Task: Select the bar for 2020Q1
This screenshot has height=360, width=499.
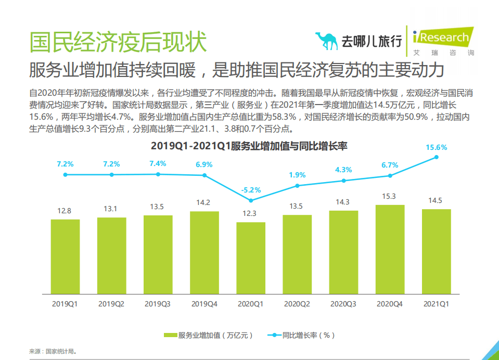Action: (x=251, y=257)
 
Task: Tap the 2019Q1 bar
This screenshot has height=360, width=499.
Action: (x=65, y=255)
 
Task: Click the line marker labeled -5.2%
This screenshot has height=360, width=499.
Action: (x=251, y=200)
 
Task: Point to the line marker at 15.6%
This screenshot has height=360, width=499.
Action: (x=437, y=157)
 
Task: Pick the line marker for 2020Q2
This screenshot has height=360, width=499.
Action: (x=297, y=186)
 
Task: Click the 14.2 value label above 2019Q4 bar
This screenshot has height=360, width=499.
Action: (x=204, y=203)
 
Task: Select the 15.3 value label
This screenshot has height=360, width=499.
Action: (x=390, y=196)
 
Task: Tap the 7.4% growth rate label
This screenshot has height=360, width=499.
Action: (x=158, y=163)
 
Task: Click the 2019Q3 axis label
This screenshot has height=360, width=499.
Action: (x=158, y=303)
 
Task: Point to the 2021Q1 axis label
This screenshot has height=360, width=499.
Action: (x=436, y=303)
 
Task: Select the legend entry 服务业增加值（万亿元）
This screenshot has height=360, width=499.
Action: (x=209, y=335)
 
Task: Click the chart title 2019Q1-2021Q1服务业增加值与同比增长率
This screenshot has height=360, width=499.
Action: (x=249, y=146)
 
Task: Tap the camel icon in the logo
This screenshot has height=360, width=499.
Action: (x=326, y=41)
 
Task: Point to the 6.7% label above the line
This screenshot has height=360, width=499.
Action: (x=390, y=165)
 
